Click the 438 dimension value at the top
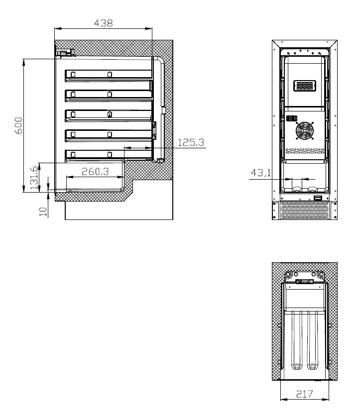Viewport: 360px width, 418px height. pyautogui.click(x=103, y=22)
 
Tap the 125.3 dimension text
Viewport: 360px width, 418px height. pyautogui.click(x=191, y=142)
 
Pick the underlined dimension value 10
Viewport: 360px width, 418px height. pyautogui.click(x=43, y=211)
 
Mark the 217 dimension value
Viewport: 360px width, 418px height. pyautogui.click(x=304, y=394)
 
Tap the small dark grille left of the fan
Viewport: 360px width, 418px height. pyautogui.click(x=291, y=119)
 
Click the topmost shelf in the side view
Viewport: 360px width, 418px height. pyautogui.click(x=108, y=75)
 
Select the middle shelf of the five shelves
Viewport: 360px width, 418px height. pyautogui.click(x=108, y=114)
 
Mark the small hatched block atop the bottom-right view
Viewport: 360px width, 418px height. pyautogui.click(x=305, y=281)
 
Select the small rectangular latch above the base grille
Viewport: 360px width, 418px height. pyautogui.click(x=318, y=199)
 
